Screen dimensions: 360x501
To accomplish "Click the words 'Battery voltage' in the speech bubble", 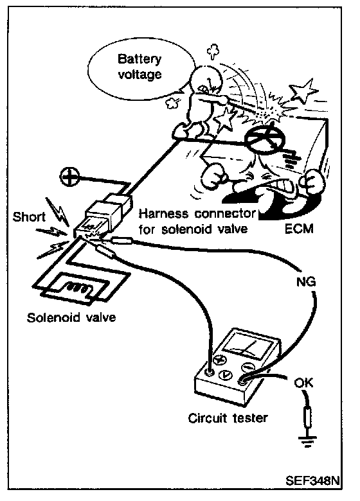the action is point(139,67).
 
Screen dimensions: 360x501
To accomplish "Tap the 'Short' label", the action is point(29,217).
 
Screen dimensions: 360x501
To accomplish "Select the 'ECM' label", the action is point(299,229).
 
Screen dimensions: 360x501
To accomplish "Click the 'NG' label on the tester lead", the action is point(306,282).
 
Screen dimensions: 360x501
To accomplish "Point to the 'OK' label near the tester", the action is point(304,382).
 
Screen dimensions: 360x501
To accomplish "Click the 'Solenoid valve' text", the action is point(71,317).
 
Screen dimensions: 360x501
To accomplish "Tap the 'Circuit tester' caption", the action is point(228,418).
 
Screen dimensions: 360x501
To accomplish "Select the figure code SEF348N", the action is point(312,480).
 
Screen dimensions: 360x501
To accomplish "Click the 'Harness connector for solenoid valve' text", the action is point(197,221).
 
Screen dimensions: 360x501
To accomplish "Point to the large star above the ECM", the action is point(303,91).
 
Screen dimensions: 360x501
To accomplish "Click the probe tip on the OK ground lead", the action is point(308,418).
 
